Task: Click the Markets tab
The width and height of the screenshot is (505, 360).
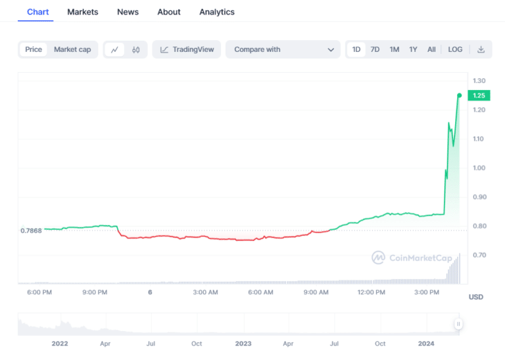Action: [83, 12]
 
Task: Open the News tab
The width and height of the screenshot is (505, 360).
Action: [128, 12]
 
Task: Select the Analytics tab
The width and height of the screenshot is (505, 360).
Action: [217, 12]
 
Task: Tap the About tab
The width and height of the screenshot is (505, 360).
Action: [169, 12]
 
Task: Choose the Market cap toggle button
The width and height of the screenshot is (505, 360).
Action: [72, 49]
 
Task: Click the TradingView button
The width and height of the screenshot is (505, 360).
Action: [187, 49]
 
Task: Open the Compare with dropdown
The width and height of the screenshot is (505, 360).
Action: [283, 49]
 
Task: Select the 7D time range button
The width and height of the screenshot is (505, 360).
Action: [375, 49]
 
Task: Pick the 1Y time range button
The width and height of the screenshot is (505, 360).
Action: [413, 49]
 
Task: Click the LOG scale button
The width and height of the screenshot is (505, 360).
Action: [455, 49]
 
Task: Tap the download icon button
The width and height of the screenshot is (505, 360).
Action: [481, 49]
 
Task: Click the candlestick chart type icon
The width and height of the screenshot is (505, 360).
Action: [136, 49]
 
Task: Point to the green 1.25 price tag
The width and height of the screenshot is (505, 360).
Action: [478, 95]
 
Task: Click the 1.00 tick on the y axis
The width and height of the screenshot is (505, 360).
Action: [479, 168]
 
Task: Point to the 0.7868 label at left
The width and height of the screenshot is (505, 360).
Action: [31, 231]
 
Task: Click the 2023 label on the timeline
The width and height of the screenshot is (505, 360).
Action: [243, 344]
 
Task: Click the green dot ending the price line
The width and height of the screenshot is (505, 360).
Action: [459, 95]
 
